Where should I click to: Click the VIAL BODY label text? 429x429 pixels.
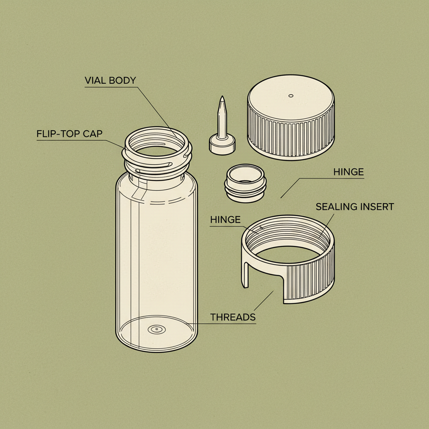tap(110, 80)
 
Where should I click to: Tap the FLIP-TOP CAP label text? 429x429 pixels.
tap(70, 134)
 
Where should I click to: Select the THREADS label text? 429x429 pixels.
tap(233, 317)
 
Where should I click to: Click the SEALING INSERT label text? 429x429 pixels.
tap(354, 207)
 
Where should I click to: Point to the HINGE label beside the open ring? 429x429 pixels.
tap(225, 220)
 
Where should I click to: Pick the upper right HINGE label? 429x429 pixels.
tap(348, 172)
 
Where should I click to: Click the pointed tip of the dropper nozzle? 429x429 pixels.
tap(222, 99)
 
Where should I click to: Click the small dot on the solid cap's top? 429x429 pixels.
tap(291, 96)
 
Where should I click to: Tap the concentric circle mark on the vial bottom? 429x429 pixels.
tap(156, 330)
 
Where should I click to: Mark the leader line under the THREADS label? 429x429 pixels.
tap(226, 323)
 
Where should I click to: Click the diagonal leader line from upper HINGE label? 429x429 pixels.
tap(291, 187)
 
